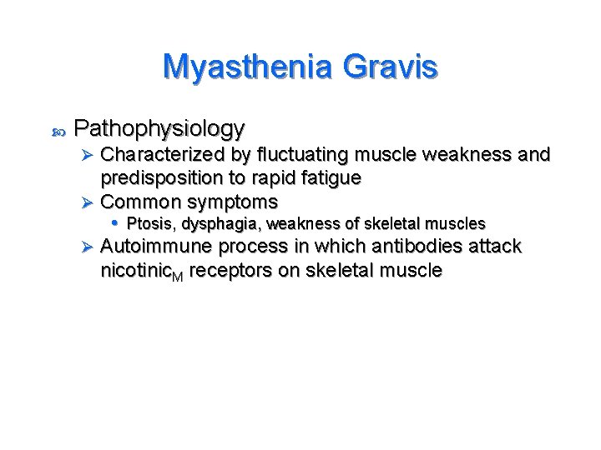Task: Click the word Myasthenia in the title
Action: tap(231, 66)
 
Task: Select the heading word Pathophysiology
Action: tap(159, 128)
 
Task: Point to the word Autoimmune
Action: tap(156, 247)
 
